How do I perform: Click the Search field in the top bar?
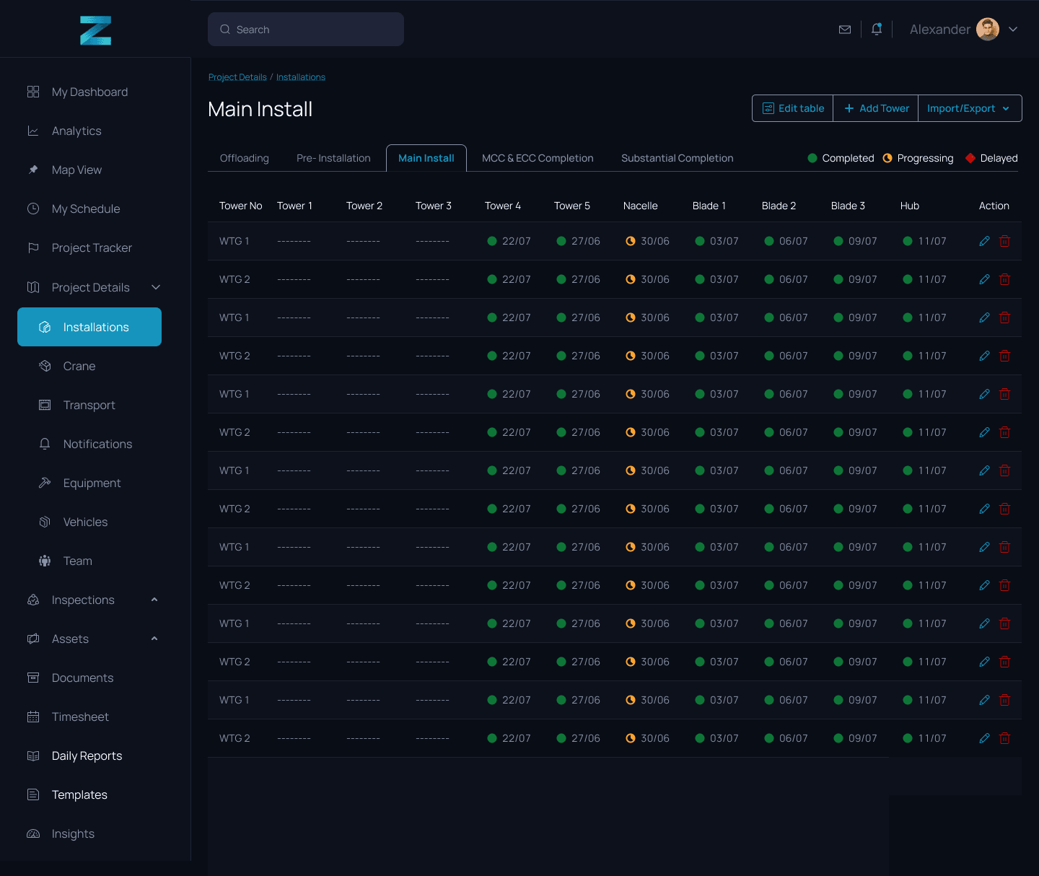click(x=305, y=30)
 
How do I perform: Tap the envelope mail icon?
click(x=844, y=30)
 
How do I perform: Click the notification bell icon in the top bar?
click(x=876, y=29)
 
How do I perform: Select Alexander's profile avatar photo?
click(x=987, y=30)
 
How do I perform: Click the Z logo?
click(x=95, y=30)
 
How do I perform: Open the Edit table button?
click(x=793, y=108)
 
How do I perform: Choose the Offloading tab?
click(x=245, y=158)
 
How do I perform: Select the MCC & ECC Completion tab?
click(x=538, y=158)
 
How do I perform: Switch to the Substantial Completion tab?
click(x=677, y=158)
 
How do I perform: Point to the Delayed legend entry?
click(x=991, y=158)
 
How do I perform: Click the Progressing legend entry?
click(x=918, y=158)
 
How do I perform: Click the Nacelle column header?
click(x=640, y=206)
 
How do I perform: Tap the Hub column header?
click(x=909, y=206)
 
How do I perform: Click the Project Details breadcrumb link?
click(x=237, y=76)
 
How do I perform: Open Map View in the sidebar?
click(x=76, y=170)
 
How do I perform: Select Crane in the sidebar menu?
click(x=79, y=366)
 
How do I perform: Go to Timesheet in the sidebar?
click(x=79, y=717)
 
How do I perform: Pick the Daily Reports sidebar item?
click(x=87, y=755)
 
